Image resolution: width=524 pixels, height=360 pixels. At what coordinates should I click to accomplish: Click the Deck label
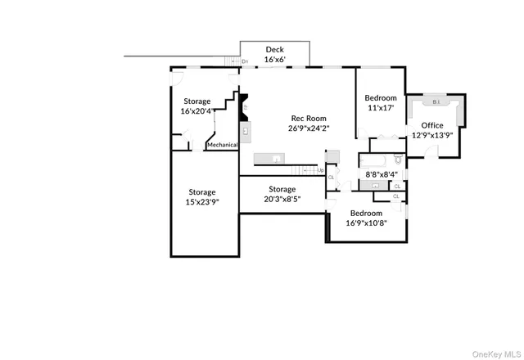pyautogui.click(x=274, y=50)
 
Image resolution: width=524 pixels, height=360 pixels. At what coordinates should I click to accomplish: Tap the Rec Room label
pyautogui.click(x=307, y=119)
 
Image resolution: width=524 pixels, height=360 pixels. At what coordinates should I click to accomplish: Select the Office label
pyautogui.click(x=432, y=125)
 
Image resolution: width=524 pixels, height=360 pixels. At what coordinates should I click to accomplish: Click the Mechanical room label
pyautogui.click(x=222, y=145)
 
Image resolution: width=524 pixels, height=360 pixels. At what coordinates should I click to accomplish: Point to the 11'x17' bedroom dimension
pyautogui.click(x=380, y=107)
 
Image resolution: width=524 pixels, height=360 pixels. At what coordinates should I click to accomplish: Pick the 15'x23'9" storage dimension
pyautogui.click(x=201, y=202)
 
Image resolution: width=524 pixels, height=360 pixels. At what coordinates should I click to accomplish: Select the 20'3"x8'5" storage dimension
pyautogui.click(x=281, y=199)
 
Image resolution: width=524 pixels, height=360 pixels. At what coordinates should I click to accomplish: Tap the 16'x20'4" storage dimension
pyautogui.click(x=197, y=110)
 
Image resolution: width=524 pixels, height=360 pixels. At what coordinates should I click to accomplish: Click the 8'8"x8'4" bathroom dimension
pyautogui.click(x=382, y=174)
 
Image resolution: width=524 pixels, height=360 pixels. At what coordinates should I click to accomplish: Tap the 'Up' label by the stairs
pyautogui.click(x=320, y=170)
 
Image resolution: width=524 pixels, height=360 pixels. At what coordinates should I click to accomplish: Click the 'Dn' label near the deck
pyautogui.click(x=245, y=61)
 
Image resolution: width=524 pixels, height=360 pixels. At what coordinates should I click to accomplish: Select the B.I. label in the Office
pyautogui.click(x=435, y=102)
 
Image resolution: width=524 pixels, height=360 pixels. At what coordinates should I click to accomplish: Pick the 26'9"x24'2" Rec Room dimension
pyautogui.click(x=307, y=128)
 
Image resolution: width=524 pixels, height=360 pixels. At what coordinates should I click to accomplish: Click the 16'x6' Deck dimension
pyautogui.click(x=274, y=60)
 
